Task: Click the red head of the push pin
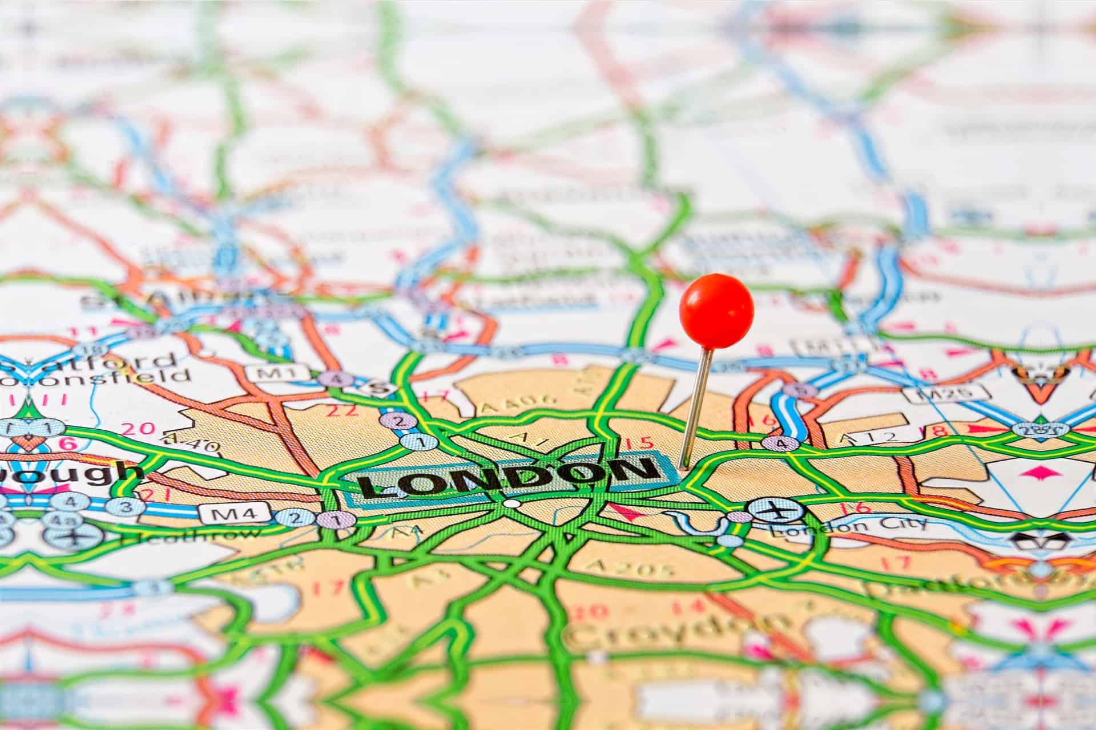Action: click(x=716, y=310)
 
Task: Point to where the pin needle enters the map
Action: click(x=681, y=467)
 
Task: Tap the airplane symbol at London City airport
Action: click(x=776, y=510)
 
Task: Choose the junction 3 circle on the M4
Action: click(x=126, y=506)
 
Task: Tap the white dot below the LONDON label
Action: click(x=512, y=504)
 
